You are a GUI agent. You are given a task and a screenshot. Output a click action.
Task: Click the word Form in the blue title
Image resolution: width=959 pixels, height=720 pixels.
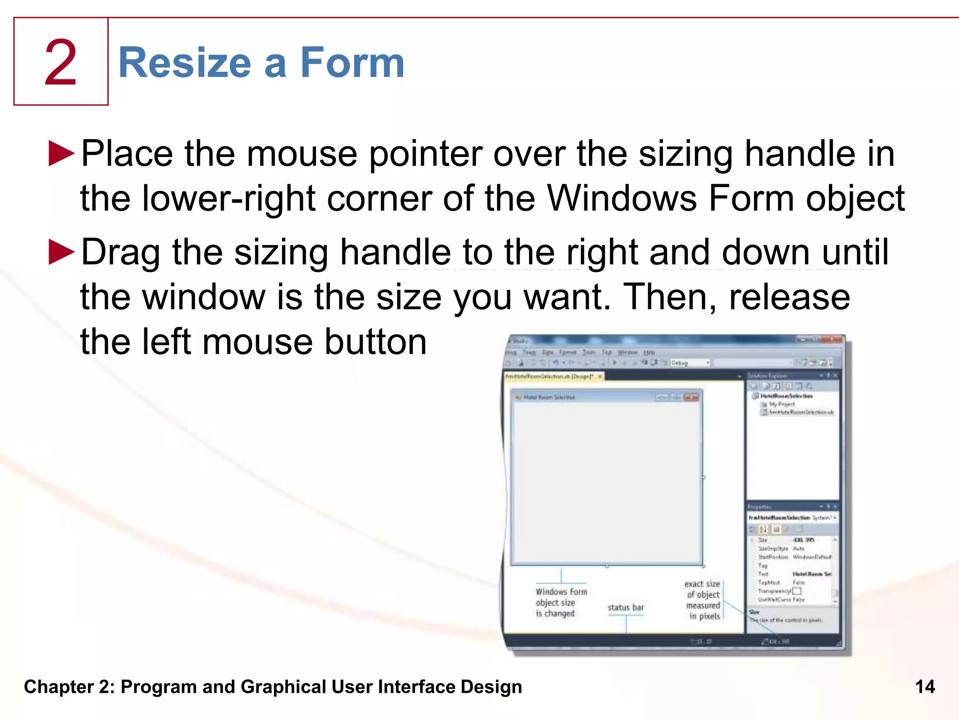pos(352,63)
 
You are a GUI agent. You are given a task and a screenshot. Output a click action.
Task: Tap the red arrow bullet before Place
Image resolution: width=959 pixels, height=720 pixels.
pos(61,153)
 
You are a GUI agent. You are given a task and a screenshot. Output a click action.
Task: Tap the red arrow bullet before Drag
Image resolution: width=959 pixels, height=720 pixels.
pos(61,252)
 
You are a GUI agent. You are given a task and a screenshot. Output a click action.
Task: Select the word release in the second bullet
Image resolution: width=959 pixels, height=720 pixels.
pos(789,297)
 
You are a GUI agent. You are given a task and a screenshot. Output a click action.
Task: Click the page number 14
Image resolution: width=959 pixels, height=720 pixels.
pos(925,687)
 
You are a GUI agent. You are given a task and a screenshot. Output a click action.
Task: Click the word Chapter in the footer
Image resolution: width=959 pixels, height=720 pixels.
pos(58,687)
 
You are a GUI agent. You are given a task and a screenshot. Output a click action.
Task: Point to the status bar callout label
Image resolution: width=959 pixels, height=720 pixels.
pos(626,607)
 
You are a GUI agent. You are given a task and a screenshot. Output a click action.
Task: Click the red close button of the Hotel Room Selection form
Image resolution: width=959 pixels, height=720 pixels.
pos(691,397)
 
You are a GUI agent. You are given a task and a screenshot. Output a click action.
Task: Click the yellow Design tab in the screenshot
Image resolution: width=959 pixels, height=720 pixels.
pos(553,376)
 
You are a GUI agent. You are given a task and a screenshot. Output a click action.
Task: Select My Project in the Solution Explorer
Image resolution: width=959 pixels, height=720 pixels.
pos(782,404)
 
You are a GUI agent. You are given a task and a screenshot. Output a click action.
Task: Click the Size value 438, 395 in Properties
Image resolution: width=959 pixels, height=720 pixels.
pos(804,540)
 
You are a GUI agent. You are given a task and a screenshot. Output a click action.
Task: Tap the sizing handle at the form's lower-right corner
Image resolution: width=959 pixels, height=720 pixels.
pos(703,566)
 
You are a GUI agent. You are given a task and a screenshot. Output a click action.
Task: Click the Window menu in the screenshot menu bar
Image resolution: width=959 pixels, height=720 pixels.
pos(627,352)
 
